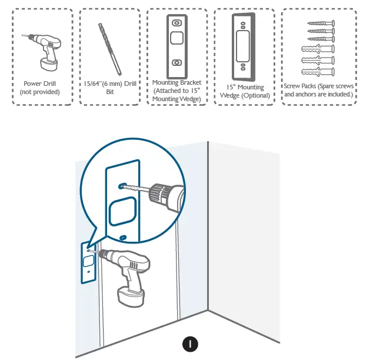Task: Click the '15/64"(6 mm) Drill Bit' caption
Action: pyautogui.click(x=109, y=88)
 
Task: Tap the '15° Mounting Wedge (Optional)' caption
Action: pyautogui.click(x=244, y=91)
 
